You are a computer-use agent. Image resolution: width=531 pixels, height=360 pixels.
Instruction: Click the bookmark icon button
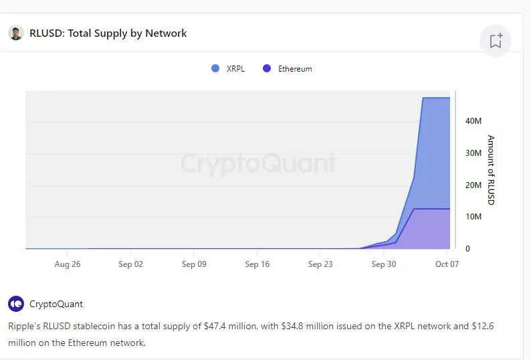(496, 41)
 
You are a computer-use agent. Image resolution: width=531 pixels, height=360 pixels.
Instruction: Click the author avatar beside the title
(16, 33)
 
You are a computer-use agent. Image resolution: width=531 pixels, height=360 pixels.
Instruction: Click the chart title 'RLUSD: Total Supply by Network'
(108, 33)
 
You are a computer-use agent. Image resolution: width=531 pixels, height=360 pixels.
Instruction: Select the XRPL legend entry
(227, 68)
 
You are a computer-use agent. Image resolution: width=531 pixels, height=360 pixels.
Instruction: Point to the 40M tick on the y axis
(473, 121)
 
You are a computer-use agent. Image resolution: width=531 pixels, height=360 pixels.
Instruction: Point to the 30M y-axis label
(473, 153)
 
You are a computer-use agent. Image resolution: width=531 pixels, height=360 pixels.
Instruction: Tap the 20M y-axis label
(473, 185)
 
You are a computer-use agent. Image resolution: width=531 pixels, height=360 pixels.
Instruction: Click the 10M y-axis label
(473, 217)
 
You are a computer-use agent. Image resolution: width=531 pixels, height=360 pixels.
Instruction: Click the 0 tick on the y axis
(467, 249)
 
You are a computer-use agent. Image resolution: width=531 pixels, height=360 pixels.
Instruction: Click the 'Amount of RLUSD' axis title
(491, 170)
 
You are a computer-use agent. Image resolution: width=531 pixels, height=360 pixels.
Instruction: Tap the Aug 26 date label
(68, 264)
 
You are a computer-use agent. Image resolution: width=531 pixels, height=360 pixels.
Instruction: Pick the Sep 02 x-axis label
(130, 264)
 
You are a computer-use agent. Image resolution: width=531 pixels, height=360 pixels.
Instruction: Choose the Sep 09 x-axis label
(194, 264)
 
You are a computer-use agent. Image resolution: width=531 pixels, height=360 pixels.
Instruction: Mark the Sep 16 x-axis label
(257, 264)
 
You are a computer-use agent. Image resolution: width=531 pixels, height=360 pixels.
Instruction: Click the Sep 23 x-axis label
(320, 264)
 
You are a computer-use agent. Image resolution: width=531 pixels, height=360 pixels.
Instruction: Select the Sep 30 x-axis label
(383, 264)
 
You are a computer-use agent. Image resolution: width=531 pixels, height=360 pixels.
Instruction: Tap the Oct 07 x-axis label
(446, 264)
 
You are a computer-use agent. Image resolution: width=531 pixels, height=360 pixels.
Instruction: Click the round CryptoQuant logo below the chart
(16, 304)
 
